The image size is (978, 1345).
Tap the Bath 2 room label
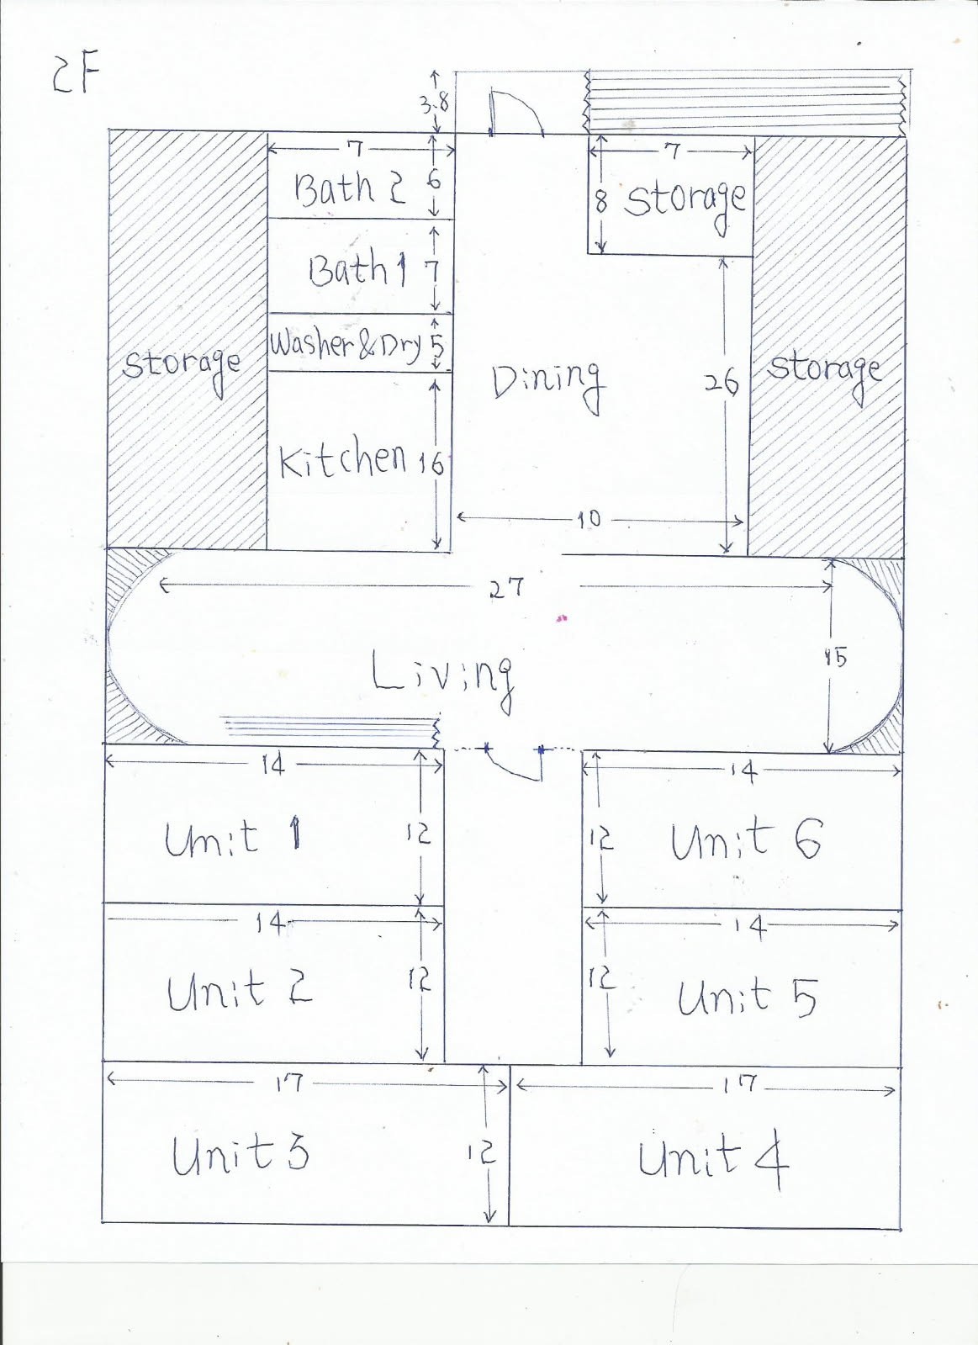349,188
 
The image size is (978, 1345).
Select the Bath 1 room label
358,267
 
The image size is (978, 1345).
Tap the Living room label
443,679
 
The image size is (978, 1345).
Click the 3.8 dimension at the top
433,104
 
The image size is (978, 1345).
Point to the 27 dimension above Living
507,587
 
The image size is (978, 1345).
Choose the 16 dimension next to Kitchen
431,463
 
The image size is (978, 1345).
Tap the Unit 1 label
233,839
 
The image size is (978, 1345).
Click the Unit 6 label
745,840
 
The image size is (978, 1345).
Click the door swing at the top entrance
517,112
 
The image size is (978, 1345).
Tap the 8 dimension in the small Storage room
600,203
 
